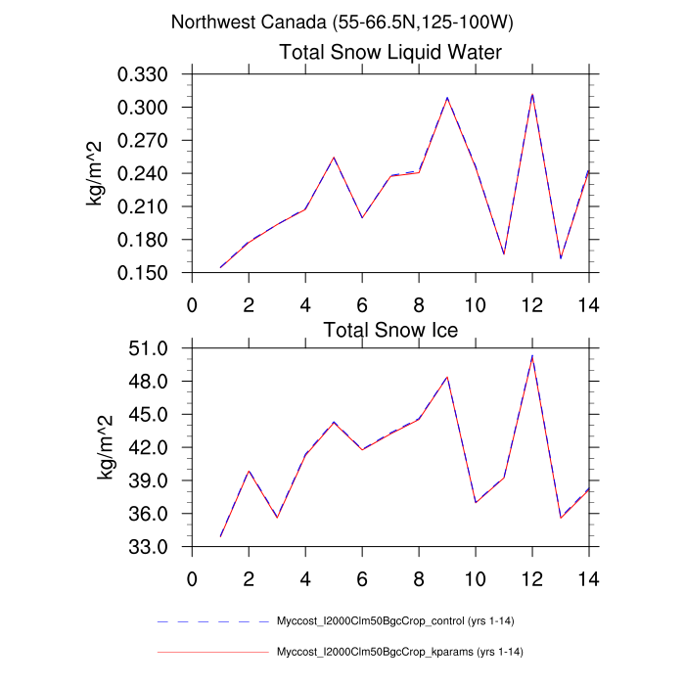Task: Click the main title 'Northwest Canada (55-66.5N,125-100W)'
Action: [x=342, y=23]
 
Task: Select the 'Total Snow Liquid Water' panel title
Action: [x=390, y=53]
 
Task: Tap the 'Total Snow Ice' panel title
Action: [x=390, y=329]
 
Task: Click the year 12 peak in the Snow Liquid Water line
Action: [x=532, y=95]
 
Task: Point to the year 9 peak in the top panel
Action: [x=447, y=98]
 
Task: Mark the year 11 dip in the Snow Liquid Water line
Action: [x=504, y=253]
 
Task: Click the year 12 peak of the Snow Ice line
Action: [x=532, y=356]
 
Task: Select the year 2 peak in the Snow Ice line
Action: [x=249, y=471]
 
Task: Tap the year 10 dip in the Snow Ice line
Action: [x=476, y=502]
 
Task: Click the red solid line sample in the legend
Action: [x=212, y=652]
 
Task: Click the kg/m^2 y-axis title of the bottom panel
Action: [x=105, y=447]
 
